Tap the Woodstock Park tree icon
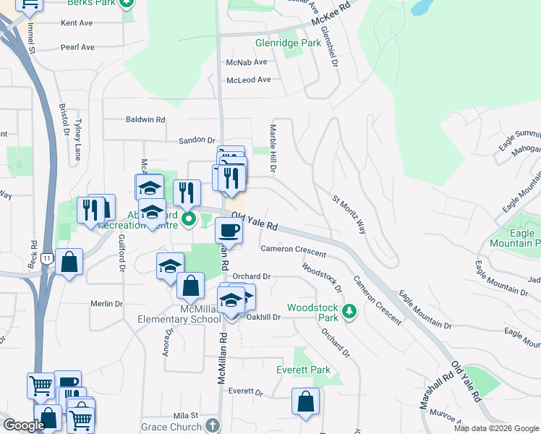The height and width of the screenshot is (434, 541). point(350,311)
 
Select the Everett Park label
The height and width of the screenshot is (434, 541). point(303,370)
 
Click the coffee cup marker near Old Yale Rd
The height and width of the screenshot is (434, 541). point(229,231)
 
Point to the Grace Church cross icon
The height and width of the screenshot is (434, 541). point(212,425)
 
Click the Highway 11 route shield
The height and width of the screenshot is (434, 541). point(47,258)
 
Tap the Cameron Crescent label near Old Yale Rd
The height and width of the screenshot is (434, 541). point(293,251)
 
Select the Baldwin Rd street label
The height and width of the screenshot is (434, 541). point(145,119)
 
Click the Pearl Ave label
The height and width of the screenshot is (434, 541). point(77,48)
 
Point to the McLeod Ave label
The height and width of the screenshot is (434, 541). point(248,80)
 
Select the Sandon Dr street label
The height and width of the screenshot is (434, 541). point(197,140)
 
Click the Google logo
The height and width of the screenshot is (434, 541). point(25,425)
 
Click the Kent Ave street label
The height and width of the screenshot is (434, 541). point(77,23)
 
